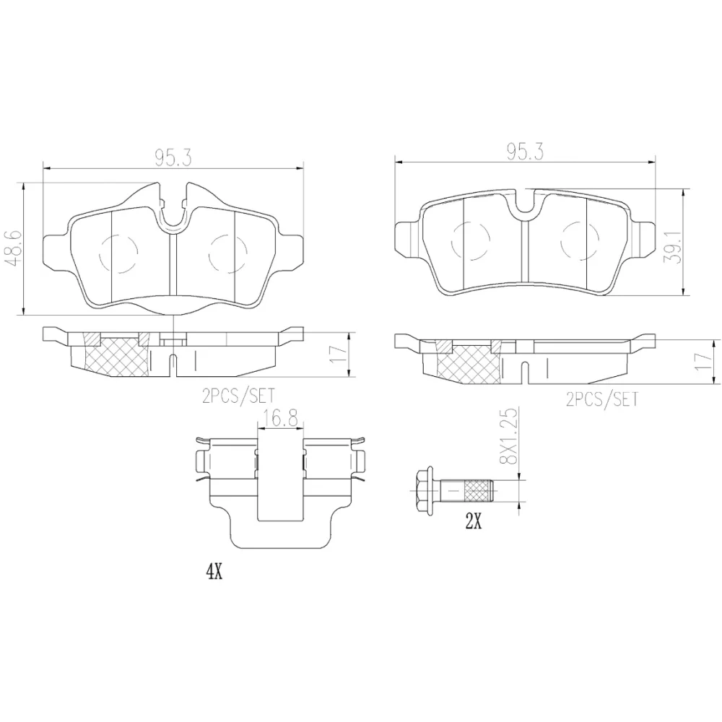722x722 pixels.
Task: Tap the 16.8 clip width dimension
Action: [281, 419]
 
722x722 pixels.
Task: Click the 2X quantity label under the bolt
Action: [474, 522]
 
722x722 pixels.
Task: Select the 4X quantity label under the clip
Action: [214, 572]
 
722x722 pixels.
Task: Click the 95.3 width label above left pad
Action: [173, 158]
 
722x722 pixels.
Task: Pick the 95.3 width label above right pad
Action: [526, 152]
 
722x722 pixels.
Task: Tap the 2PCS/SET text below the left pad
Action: [238, 396]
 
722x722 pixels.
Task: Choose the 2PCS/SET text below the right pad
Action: [602, 399]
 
